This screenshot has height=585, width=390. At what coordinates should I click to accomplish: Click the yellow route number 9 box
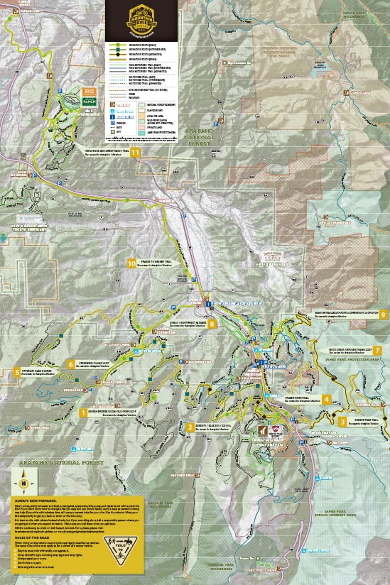[x=383, y=315]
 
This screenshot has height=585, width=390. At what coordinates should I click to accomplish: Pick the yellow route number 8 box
[x=212, y=324]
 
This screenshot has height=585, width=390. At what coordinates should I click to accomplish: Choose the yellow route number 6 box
[x=71, y=364]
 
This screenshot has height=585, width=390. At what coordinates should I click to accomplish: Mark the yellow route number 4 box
[x=326, y=400]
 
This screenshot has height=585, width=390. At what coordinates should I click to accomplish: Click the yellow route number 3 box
[x=342, y=422]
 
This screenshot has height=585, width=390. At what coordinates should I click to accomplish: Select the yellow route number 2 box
[x=190, y=427]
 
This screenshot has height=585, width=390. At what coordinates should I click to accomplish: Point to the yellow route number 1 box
[x=84, y=411]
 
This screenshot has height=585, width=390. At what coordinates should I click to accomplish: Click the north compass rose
[x=24, y=483]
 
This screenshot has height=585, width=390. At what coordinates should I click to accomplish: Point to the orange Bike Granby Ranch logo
[x=89, y=95]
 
